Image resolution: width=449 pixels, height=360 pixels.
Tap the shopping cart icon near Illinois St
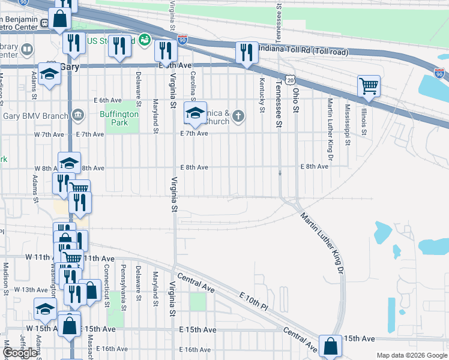pos(369,85)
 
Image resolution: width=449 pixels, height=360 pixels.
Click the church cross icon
pos(238,116)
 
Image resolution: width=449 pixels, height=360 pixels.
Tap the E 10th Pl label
pos(255,302)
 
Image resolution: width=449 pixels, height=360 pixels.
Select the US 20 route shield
pos(291,80)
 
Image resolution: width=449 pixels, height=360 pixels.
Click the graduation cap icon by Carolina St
pos(194,112)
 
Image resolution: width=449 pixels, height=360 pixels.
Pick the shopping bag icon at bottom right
pos(330,346)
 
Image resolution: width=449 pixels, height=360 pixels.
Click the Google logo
pos(20,353)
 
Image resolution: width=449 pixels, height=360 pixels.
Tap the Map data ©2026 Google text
pos(411,355)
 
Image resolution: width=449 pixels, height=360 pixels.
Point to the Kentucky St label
pos(262,95)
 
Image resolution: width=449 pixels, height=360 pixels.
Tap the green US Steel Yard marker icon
pos(144,40)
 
